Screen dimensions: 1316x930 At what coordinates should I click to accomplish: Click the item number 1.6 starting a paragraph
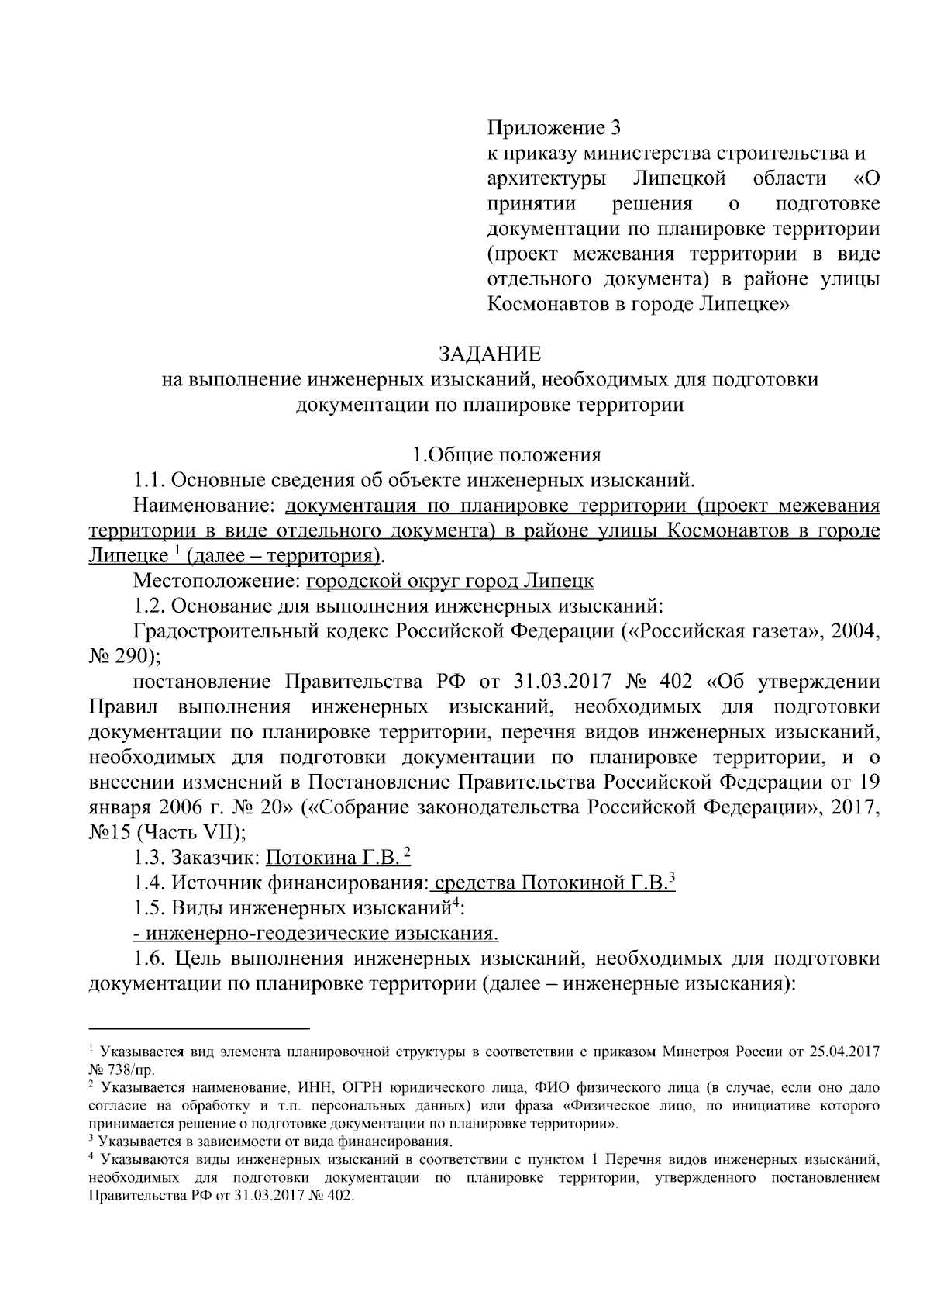click(x=149, y=959)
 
